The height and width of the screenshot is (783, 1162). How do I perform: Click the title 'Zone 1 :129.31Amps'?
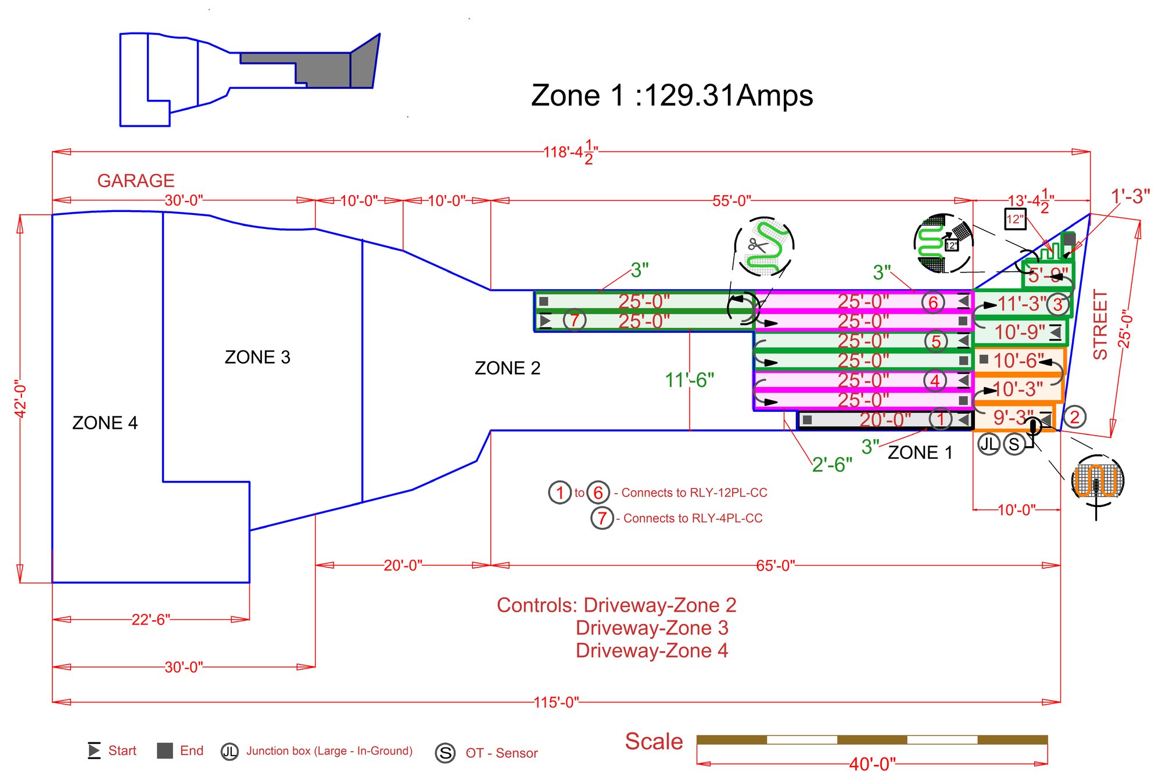coord(672,96)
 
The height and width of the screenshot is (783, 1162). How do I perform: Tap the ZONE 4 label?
coord(105,423)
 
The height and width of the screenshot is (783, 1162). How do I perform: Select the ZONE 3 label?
coord(257,357)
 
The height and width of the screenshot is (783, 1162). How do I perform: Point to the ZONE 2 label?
coord(507,368)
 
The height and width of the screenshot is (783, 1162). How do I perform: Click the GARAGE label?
coord(136,181)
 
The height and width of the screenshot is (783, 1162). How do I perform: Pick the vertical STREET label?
coord(1100,325)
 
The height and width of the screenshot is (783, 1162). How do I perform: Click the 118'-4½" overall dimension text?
coord(571,153)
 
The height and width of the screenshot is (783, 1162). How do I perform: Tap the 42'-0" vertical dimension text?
coord(20,398)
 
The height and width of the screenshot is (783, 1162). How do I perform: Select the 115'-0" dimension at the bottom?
coord(556,702)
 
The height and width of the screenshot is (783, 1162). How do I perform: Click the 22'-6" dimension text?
coord(150,619)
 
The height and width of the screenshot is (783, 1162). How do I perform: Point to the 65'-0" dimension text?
coord(775,565)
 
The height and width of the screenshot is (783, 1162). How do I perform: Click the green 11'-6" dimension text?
coord(689,380)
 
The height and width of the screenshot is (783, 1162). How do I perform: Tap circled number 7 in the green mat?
coord(574,320)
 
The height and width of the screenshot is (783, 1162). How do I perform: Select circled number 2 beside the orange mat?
coord(1074,417)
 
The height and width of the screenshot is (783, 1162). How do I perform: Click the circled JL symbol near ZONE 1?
coord(988,444)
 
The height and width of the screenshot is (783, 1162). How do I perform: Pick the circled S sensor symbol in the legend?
coord(445,753)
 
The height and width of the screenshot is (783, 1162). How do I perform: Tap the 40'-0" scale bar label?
coord(872,764)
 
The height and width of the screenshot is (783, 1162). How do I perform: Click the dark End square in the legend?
coord(165,750)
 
